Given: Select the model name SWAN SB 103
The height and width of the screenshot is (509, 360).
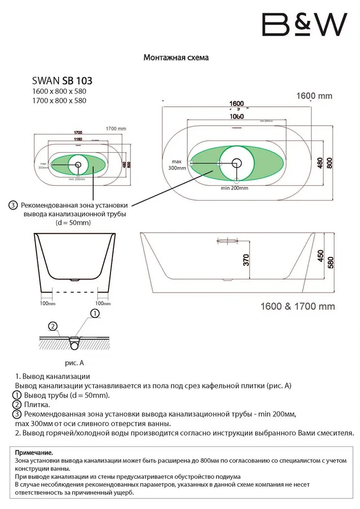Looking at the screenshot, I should pyautogui.click(x=62, y=80).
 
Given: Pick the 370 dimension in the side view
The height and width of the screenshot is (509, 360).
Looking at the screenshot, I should pyautogui.click(x=246, y=260).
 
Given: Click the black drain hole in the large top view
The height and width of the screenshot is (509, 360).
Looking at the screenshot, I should pyautogui.click(x=237, y=163).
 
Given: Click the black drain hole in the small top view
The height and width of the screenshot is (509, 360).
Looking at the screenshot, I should pyautogui.click(x=78, y=164).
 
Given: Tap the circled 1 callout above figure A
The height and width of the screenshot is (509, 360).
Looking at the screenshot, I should pyautogui.click(x=94, y=314).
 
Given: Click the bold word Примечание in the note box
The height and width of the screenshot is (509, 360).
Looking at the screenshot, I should pyautogui.click(x=34, y=452).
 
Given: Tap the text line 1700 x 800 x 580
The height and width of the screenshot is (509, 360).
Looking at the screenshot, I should pyautogui.click(x=59, y=100).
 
